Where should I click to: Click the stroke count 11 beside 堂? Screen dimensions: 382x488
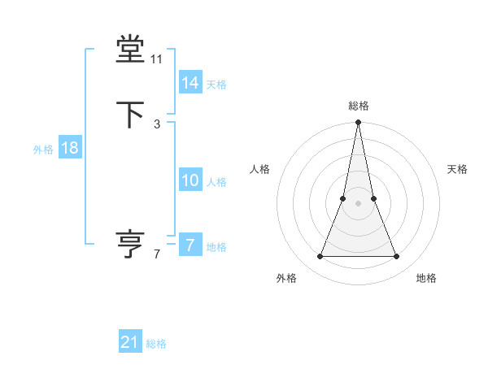pos(157,59)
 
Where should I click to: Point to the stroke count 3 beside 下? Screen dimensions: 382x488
pos(157,124)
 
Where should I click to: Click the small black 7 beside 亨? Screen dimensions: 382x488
pos(157,254)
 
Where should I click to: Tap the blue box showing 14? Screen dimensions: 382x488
pos(190,83)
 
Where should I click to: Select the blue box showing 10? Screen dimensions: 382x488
pos(190,180)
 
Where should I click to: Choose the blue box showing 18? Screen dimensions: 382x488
pos(69,148)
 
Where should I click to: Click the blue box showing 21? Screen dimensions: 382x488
pos(130,342)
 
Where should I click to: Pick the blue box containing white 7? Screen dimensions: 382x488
pos(190,245)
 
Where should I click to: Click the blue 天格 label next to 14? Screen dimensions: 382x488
pos(216,85)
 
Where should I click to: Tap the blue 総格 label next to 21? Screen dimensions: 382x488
pos(156,344)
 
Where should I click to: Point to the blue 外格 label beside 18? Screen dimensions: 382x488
pos(43,150)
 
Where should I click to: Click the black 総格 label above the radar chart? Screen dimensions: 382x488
pos(359,106)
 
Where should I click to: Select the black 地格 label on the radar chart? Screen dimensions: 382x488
pos(426,279)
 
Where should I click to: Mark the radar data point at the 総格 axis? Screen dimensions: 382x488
pos(359,124)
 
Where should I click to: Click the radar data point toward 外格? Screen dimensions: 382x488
pos(320,257)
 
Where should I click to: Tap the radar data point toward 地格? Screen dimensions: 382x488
pos(397,257)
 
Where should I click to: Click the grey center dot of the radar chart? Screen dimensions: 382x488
pos(359,203)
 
